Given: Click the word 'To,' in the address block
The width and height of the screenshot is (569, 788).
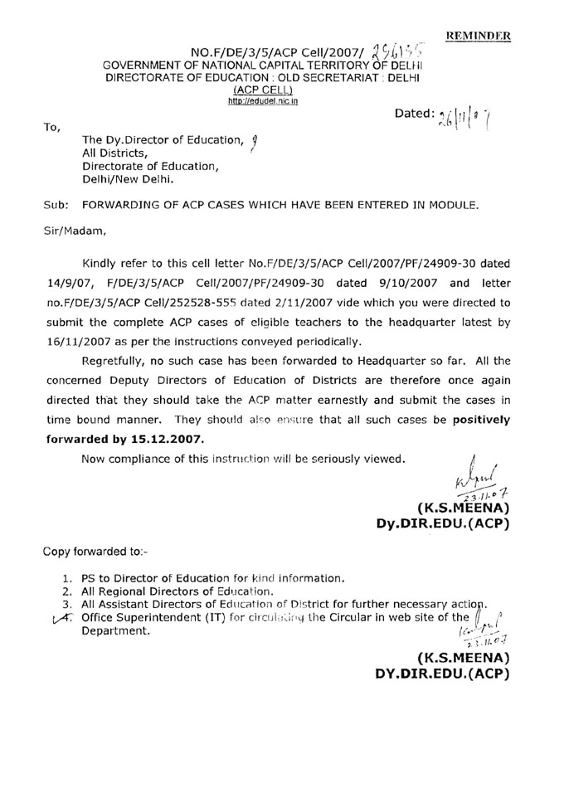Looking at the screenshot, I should pyautogui.click(x=52, y=128).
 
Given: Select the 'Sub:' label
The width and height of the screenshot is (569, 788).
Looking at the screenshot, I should pyautogui.click(x=55, y=203).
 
